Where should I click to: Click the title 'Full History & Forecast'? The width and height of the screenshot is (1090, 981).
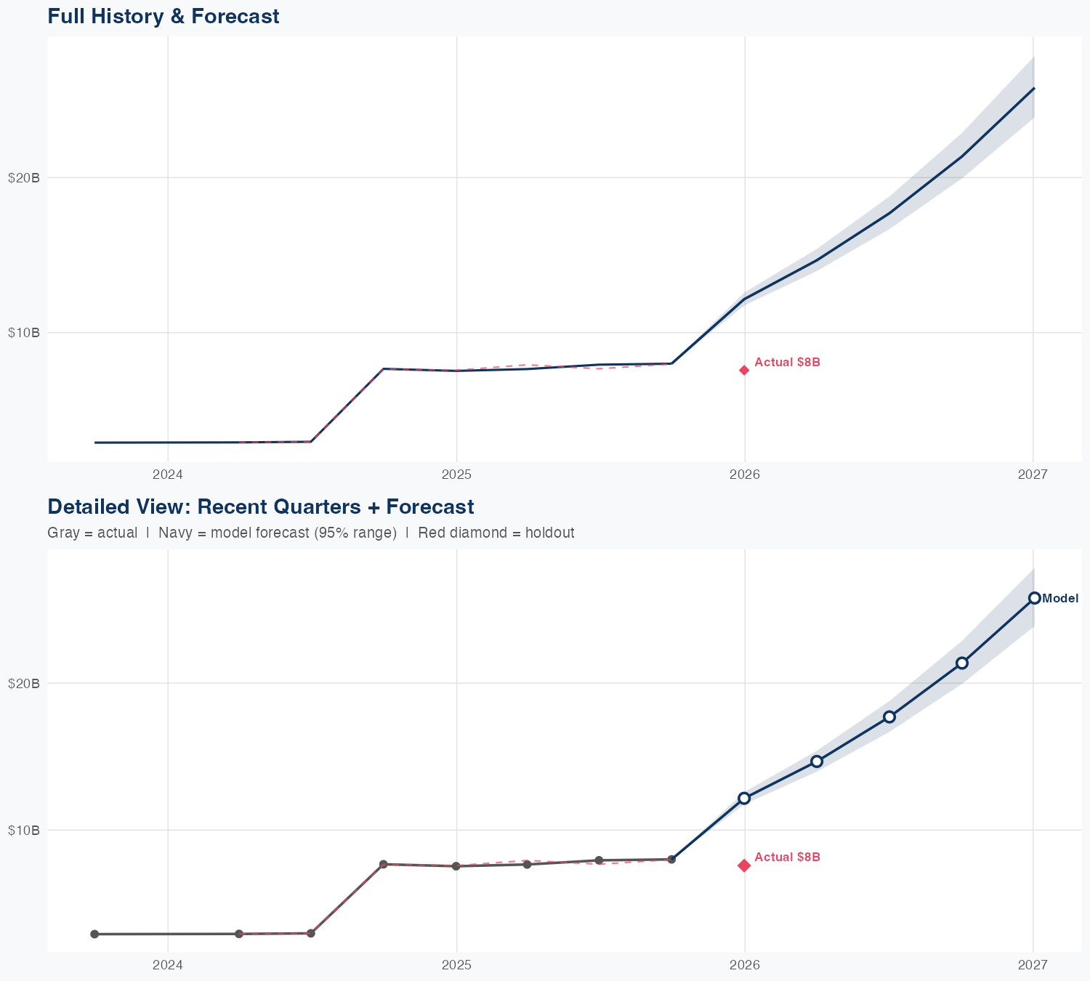click(x=163, y=16)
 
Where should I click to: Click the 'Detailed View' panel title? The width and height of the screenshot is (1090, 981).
click(x=260, y=506)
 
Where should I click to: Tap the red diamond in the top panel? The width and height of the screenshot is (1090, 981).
click(x=744, y=370)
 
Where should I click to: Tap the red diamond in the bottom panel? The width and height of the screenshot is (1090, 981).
click(x=744, y=865)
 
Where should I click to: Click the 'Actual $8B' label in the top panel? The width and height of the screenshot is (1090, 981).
click(x=787, y=362)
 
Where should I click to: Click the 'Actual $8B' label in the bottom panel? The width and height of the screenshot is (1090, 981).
click(x=787, y=857)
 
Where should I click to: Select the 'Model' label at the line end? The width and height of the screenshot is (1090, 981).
click(x=1059, y=599)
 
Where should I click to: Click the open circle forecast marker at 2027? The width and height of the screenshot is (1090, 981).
click(x=1034, y=598)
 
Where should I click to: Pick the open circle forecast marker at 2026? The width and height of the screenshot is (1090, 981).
click(x=744, y=798)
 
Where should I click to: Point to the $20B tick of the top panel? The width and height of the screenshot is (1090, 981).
click(x=23, y=177)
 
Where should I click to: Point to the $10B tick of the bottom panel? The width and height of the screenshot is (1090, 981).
click(x=23, y=830)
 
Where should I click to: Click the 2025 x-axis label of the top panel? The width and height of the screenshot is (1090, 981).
click(x=456, y=475)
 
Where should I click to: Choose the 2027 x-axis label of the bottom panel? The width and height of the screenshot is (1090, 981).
click(x=1033, y=965)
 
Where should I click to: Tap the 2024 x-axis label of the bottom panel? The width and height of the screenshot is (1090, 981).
click(x=168, y=965)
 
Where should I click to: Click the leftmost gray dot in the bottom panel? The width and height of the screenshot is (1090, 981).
click(x=94, y=934)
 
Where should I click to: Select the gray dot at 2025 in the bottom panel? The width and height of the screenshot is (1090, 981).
click(x=456, y=866)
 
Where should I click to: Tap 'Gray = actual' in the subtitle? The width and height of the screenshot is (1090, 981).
click(x=92, y=533)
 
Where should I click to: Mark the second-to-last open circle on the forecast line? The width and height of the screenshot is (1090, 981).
click(x=962, y=663)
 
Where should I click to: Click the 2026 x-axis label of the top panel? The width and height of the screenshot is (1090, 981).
click(x=745, y=475)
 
